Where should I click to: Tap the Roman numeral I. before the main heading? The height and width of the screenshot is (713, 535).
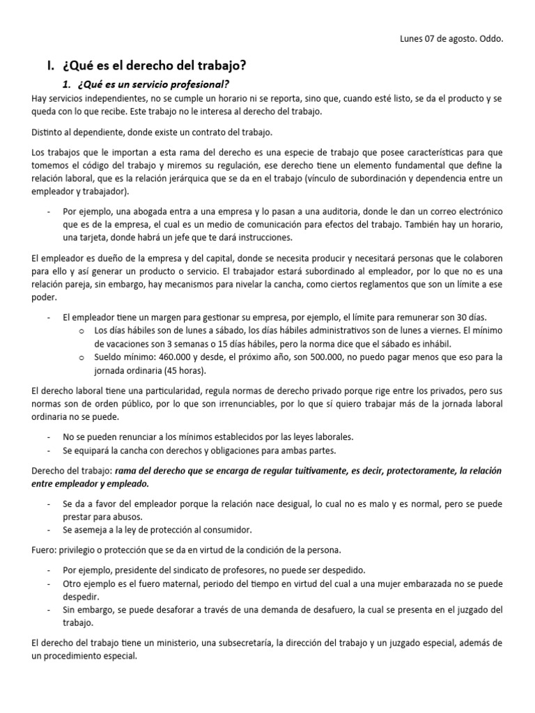point(50,66)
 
